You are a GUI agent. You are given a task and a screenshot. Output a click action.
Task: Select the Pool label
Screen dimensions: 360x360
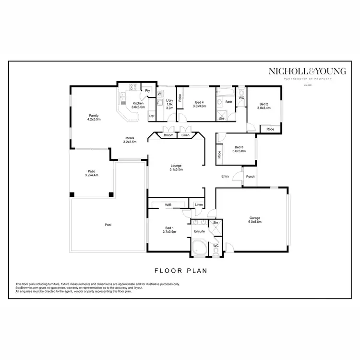pos(108,224)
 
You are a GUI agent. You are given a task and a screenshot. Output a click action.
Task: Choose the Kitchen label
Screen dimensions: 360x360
pos(138,105)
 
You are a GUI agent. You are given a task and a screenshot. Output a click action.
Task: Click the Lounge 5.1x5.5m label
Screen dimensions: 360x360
pos(176,168)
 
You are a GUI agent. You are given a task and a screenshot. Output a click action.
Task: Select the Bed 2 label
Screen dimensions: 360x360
pos(264,106)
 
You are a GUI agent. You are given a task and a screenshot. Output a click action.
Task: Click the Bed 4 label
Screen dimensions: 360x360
pos(199,104)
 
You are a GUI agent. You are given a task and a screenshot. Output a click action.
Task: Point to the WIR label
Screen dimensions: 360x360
pos(168,205)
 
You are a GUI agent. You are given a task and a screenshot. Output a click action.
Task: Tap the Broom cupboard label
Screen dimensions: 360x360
pos(168,135)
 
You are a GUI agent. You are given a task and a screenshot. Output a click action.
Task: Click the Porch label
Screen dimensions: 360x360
pos(250,176)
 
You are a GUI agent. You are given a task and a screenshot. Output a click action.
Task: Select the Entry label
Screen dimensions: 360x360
pos(225,176)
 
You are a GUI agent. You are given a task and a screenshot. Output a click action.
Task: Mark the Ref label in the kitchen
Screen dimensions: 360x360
pos(152,116)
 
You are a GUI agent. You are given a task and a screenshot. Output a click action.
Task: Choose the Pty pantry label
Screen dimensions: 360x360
pos(148,90)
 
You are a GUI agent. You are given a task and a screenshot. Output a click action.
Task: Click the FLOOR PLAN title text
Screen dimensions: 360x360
pos(180,270)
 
